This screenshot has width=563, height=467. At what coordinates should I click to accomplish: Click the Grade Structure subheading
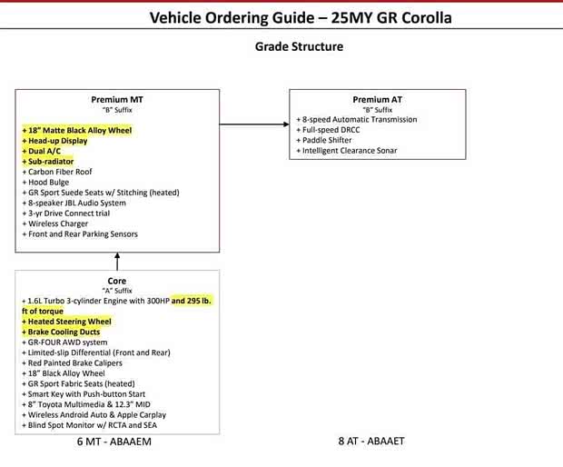click(x=287, y=46)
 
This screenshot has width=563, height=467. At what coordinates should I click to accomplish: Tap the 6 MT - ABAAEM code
click(x=114, y=442)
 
